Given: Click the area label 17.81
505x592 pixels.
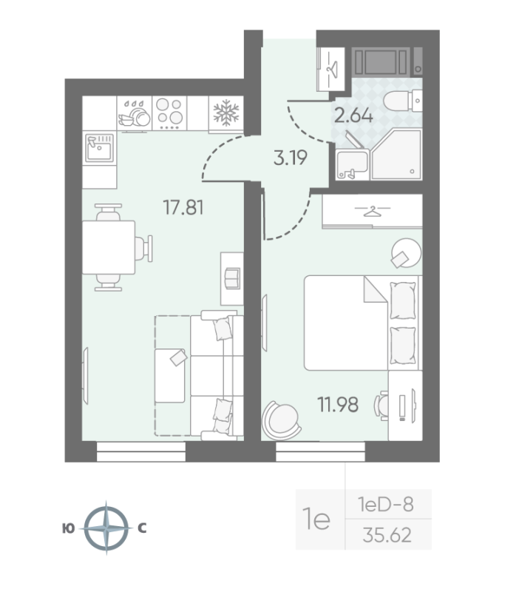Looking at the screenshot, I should (183, 208).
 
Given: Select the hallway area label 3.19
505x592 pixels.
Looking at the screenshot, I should (289, 158).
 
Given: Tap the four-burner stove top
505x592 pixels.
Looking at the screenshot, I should (170, 113).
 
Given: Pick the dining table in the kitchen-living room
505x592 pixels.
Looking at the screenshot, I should (108, 247).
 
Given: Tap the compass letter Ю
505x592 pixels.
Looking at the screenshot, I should (67, 528).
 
